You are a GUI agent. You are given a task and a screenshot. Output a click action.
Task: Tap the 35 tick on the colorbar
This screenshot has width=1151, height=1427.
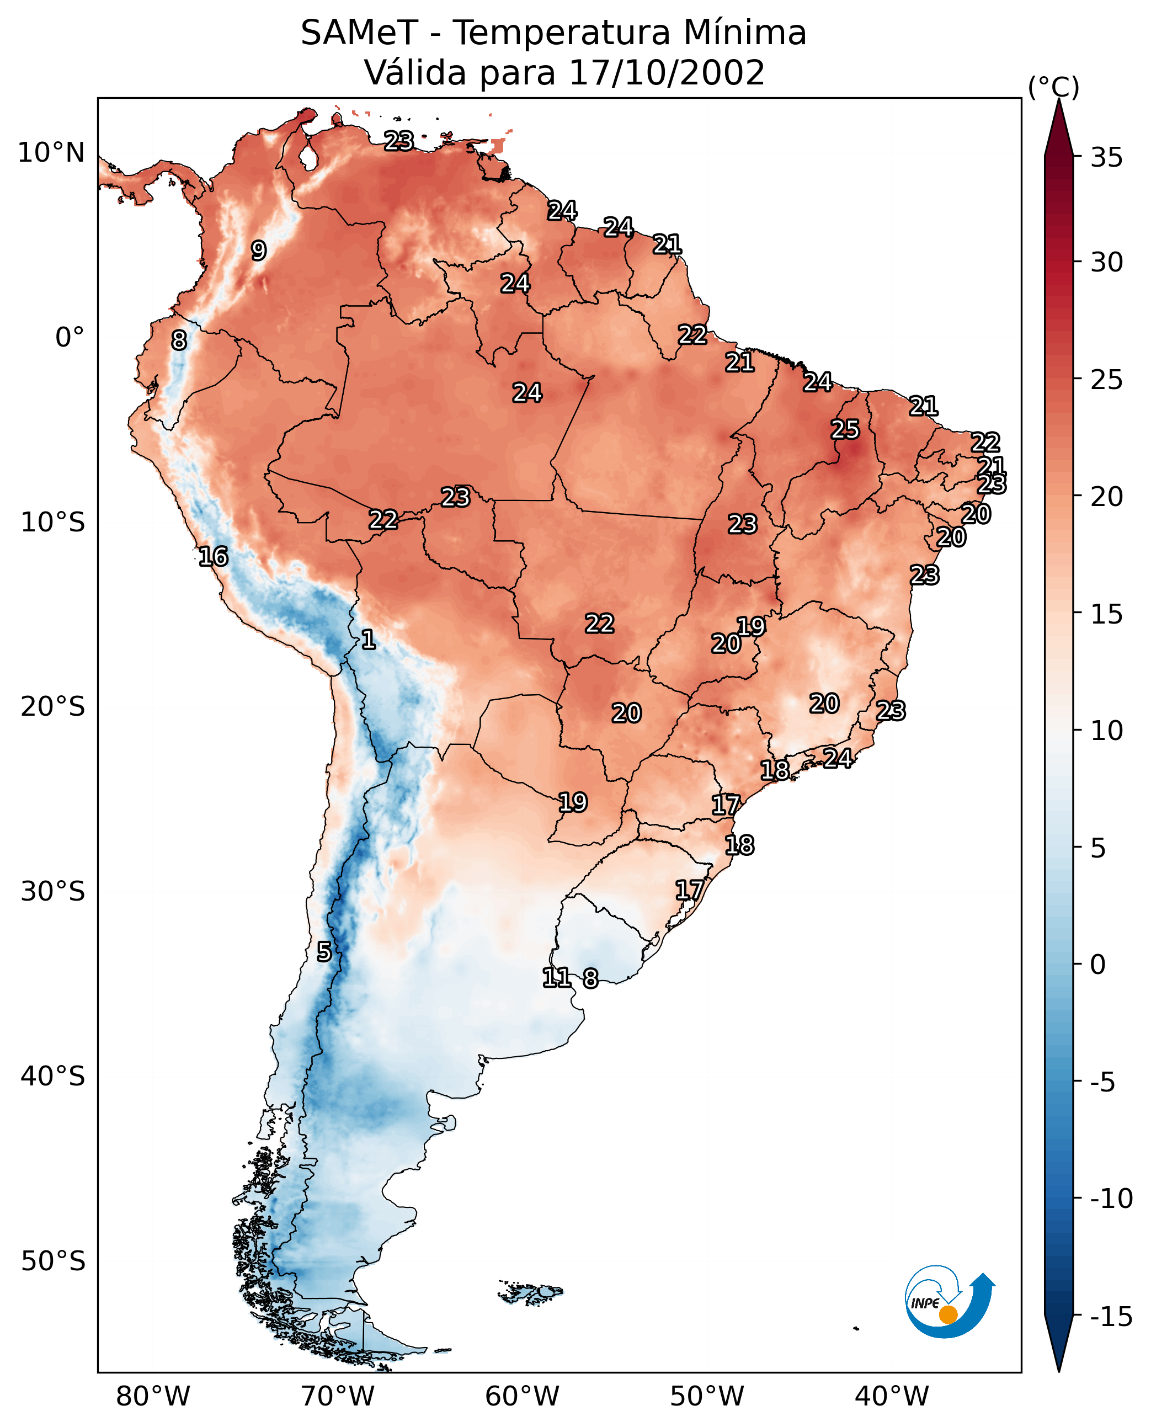[1106, 158]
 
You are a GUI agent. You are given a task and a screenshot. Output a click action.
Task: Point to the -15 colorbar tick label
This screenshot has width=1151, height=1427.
[1111, 1316]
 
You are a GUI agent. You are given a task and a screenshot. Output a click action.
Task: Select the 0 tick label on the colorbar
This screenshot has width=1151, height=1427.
[1098, 964]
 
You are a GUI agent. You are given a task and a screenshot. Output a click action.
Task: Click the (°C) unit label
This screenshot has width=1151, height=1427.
[1053, 87]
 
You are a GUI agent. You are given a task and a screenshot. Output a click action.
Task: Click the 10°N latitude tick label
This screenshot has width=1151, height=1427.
[51, 153]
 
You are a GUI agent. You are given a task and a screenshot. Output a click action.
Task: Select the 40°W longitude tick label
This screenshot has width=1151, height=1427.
[891, 1397]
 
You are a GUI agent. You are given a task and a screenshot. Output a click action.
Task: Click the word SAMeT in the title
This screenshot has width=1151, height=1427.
[359, 33]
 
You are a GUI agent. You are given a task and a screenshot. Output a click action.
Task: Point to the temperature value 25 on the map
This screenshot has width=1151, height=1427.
[845, 430]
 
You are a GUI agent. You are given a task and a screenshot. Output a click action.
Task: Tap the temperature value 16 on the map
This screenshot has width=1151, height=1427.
[214, 556]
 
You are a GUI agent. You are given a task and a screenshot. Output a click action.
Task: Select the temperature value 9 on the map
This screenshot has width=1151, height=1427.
[259, 251]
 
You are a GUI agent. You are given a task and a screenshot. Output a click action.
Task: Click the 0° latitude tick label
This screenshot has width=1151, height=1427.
[69, 338]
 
